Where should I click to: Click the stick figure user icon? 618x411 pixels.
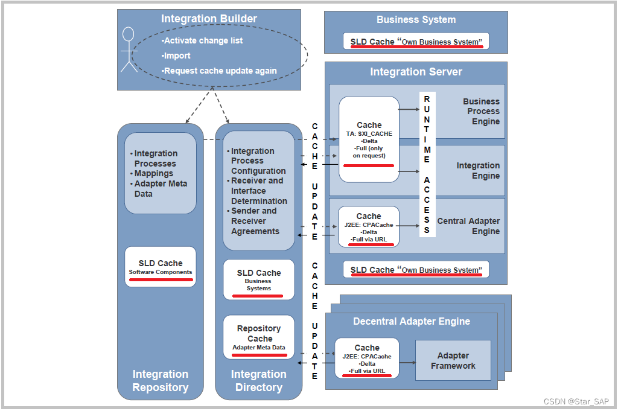click(129, 50)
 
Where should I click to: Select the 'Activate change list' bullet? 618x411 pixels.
click(203, 40)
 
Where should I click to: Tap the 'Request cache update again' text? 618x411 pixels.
click(220, 71)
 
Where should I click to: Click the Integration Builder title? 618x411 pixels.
click(209, 19)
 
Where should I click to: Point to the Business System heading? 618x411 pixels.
click(416, 19)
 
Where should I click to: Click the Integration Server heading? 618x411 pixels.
click(416, 72)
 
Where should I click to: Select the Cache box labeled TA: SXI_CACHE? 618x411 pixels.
click(369, 139)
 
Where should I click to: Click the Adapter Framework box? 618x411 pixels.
click(453, 360)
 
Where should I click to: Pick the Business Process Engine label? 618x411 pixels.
click(481, 111)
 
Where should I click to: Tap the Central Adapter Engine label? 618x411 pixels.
click(468, 226)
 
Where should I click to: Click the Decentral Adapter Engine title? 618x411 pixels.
click(412, 321)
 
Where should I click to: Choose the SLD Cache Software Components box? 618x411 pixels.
click(161, 267)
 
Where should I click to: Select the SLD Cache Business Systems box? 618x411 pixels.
click(258, 279)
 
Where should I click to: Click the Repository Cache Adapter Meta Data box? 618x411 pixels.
click(258, 337)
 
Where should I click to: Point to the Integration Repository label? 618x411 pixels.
click(161, 381)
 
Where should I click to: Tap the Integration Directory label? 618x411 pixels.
click(258, 381)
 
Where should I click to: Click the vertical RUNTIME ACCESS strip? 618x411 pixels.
click(427, 164)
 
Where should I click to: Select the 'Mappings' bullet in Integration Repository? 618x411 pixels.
click(153, 173)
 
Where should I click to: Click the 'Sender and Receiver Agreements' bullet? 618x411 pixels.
click(255, 221)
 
